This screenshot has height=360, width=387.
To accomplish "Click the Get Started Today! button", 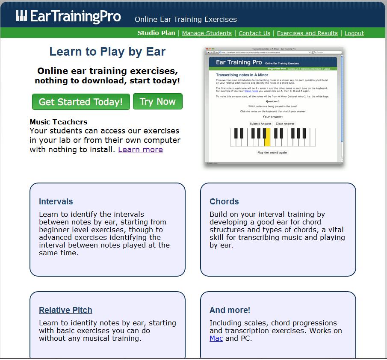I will (x=81, y=102).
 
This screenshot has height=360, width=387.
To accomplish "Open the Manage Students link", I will (x=207, y=33).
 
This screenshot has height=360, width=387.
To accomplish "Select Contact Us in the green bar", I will (x=254, y=33).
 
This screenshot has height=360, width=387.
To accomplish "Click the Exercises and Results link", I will (x=307, y=33).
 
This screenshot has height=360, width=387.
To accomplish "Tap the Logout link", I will (x=354, y=33).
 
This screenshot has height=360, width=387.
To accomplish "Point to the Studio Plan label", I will (x=156, y=33).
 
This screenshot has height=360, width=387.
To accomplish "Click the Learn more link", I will (x=140, y=150).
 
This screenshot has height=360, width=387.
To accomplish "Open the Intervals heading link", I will (x=56, y=201).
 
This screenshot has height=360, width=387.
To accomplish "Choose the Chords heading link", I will (x=224, y=201).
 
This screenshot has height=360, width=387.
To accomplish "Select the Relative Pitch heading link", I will (x=65, y=310).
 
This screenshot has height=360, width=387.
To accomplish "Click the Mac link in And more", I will (x=216, y=338).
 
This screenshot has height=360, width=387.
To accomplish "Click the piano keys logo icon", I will (x=22, y=16).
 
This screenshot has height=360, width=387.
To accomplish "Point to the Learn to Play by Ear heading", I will (x=107, y=52).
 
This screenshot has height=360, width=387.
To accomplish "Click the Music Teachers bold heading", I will (x=58, y=122).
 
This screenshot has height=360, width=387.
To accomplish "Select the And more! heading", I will (x=230, y=310).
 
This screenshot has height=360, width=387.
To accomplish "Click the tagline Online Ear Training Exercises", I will (x=186, y=19).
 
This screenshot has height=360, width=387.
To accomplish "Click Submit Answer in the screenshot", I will (x=260, y=124).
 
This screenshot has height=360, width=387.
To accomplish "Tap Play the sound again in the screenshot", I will (x=272, y=153).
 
